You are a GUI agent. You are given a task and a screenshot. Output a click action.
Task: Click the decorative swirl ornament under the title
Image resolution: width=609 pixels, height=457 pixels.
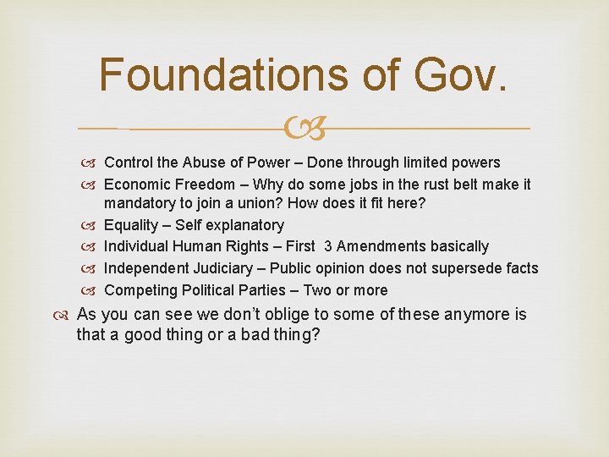[304, 129]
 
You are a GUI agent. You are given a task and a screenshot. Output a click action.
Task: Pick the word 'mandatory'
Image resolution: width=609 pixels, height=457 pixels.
[140, 204]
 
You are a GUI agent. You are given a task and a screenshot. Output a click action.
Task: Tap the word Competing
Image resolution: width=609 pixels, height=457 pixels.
[139, 290]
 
